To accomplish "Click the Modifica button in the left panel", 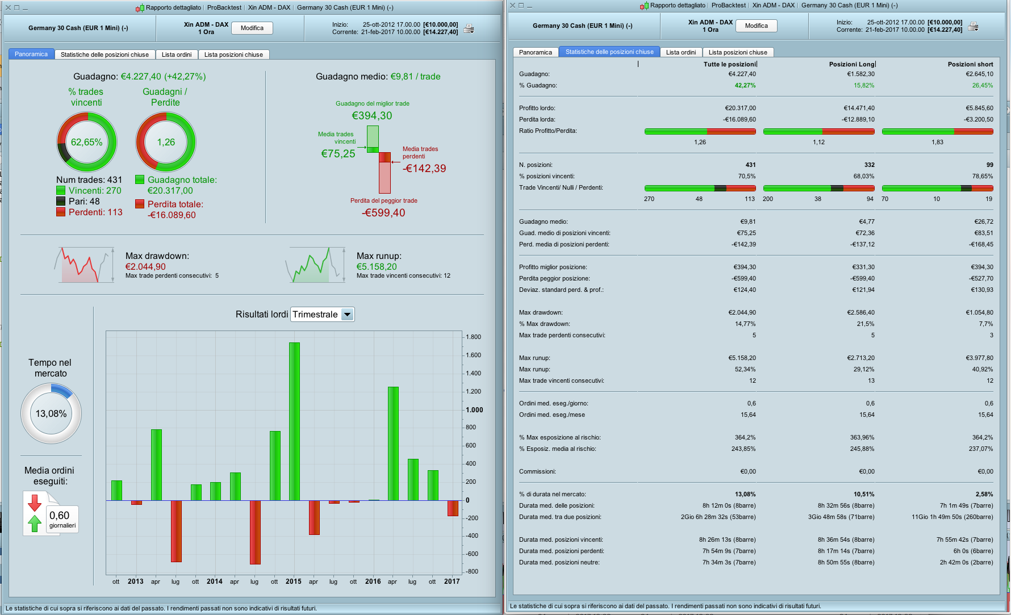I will pyautogui.click(x=252, y=28).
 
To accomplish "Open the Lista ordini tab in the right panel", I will pyautogui.click(x=680, y=52).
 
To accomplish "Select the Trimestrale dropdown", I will pyautogui.click(x=322, y=314).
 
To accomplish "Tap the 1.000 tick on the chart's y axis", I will pyautogui.click(x=474, y=409).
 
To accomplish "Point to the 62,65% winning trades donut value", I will pyautogui.click(x=86, y=142).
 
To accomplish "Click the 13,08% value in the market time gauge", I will pyautogui.click(x=51, y=413).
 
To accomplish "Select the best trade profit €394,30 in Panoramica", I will pyautogui.click(x=372, y=116).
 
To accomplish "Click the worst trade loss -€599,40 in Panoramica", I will pyautogui.click(x=383, y=213).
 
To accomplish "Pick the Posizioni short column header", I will pyautogui.click(x=970, y=64).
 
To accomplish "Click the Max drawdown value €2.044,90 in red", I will pyautogui.click(x=145, y=267).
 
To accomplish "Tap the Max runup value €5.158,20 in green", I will pyautogui.click(x=377, y=267).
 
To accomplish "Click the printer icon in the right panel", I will pyautogui.click(x=973, y=26).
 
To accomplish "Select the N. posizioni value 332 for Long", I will pyautogui.click(x=869, y=165).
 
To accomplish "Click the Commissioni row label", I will pyautogui.click(x=537, y=471).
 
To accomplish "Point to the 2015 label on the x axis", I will pyautogui.click(x=294, y=581).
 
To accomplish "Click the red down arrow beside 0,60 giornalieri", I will pyautogui.click(x=35, y=503).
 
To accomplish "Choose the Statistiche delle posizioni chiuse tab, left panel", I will pyautogui.click(x=105, y=55).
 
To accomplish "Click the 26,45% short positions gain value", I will pyautogui.click(x=982, y=85).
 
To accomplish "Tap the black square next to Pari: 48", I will pyautogui.click(x=61, y=201).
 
